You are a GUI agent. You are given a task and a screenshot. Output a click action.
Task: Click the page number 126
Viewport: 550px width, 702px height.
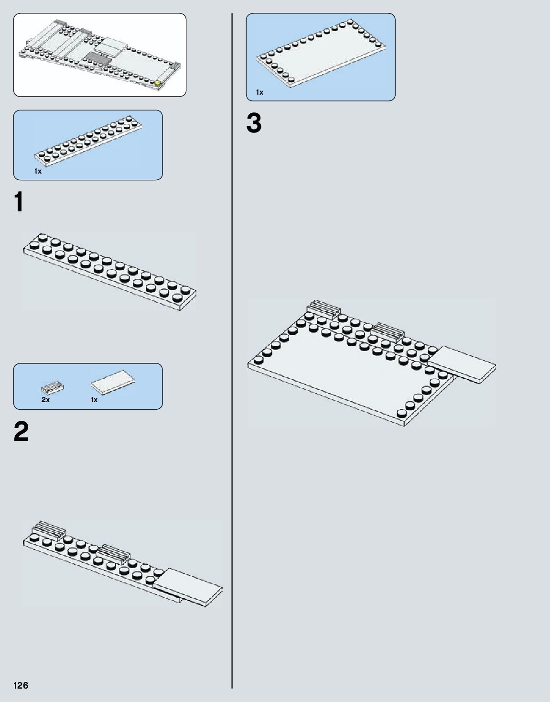click(x=21, y=685)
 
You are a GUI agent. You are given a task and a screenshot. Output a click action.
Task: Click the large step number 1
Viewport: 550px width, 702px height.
click(x=19, y=202)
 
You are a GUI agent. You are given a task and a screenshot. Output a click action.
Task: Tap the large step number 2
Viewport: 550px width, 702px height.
click(x=21, y=432)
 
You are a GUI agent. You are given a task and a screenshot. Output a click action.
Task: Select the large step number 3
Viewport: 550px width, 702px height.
click(x=254, y=123)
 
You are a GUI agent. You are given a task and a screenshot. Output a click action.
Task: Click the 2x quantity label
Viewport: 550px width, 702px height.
click(x=45, y=400)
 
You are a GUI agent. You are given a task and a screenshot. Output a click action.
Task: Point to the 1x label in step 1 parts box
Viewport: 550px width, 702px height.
click(x=38, y=171)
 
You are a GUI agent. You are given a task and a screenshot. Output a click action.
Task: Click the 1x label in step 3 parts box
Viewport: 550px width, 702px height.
click(x=259, y=92)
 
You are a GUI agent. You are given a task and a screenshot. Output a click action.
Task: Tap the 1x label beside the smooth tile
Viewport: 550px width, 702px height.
click(x=94, y=400)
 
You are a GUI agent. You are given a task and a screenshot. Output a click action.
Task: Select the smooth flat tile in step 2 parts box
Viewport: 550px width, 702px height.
click(x=113, y=384)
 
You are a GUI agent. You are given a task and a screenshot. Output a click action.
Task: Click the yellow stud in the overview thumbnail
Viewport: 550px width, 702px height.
click(x=158, y=84)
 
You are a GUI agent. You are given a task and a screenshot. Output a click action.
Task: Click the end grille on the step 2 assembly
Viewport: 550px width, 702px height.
click(x=48, y=529)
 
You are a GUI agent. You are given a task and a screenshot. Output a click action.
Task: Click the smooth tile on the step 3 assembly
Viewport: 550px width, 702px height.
click(x=462, y=363)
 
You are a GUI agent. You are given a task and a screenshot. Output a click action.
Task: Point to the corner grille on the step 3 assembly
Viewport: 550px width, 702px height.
click(x=323, y=308)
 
